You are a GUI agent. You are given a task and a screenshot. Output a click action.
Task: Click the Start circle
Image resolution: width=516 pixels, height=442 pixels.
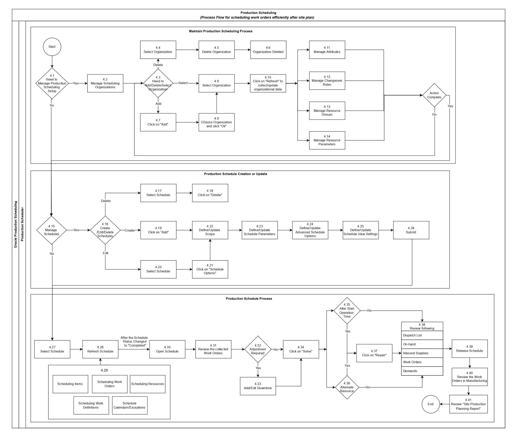[x=52, y=47]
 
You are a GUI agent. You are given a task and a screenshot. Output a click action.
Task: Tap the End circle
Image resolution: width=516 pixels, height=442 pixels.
[x=430, y=404]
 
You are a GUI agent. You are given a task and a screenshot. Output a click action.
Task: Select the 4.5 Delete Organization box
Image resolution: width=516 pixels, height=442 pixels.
[x=216, y=50]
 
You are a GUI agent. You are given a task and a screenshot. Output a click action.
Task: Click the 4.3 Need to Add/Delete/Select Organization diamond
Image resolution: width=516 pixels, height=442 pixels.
[x=158, y=83]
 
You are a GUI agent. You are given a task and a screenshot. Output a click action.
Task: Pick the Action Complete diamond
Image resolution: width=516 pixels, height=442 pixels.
[x=434, y=95]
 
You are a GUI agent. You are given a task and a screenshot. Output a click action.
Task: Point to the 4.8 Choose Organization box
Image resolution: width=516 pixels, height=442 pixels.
[x=216, y=122]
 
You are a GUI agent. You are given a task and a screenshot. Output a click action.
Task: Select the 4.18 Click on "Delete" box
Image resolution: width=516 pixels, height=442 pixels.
[x=210, y=193]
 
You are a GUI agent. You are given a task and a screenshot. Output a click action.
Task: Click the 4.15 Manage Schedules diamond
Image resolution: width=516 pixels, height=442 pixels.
[x=52, y=230]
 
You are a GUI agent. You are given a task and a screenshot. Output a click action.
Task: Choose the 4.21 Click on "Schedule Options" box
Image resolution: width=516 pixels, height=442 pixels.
[x=210, y=269]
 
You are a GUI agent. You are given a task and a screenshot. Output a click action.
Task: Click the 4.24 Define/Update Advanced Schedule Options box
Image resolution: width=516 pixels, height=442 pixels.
[x=310, y=230]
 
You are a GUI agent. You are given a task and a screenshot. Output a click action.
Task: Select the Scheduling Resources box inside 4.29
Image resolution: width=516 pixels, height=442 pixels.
[x=148, y=384]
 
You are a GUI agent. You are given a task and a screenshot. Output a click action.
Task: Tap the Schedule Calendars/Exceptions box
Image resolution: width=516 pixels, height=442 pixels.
[x=130, y=405]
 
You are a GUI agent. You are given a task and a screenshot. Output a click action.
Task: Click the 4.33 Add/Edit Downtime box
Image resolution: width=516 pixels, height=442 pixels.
[x=258, y=386]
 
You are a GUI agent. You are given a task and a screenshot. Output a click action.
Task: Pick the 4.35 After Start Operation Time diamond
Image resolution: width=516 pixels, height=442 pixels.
[x=347, y=310]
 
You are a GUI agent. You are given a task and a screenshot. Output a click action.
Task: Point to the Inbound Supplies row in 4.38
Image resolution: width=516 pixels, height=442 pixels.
[x=422, y=353]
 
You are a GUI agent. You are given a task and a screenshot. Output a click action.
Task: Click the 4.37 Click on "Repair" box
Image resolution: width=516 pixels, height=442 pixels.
[x=374, y=353]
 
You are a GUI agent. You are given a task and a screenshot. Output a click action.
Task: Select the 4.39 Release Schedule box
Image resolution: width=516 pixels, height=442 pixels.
[x=469, y=349]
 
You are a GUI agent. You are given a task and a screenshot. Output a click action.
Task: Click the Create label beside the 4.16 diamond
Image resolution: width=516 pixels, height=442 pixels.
[x=129, y=230]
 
